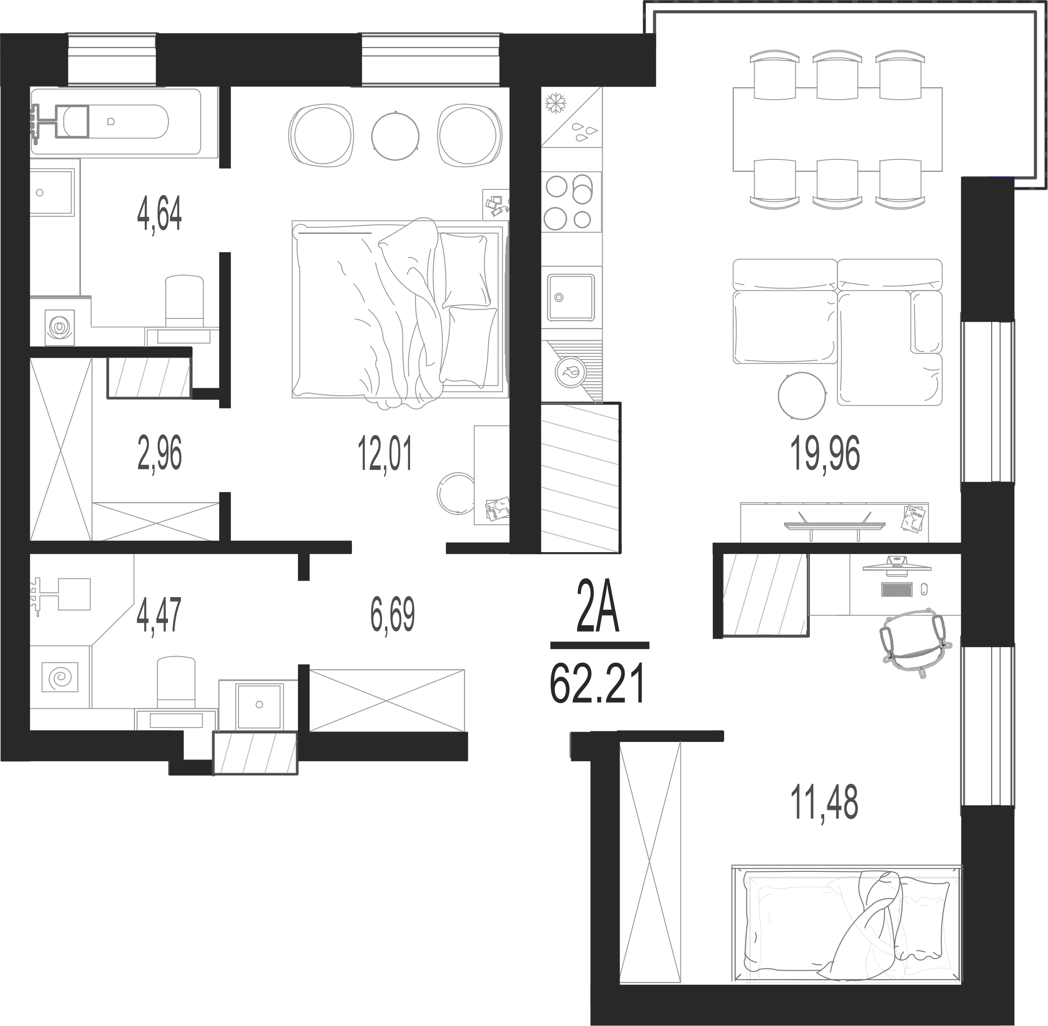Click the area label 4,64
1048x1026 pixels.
159,214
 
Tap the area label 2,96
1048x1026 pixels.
159,454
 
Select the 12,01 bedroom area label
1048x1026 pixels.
385,454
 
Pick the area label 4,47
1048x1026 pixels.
159,615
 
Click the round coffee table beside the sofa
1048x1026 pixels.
802,396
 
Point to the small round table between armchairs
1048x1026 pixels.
395,136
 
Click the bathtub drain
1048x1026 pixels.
111,122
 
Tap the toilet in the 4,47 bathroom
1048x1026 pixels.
176,682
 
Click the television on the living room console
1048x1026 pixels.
834,524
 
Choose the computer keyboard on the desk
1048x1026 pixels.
897,590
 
